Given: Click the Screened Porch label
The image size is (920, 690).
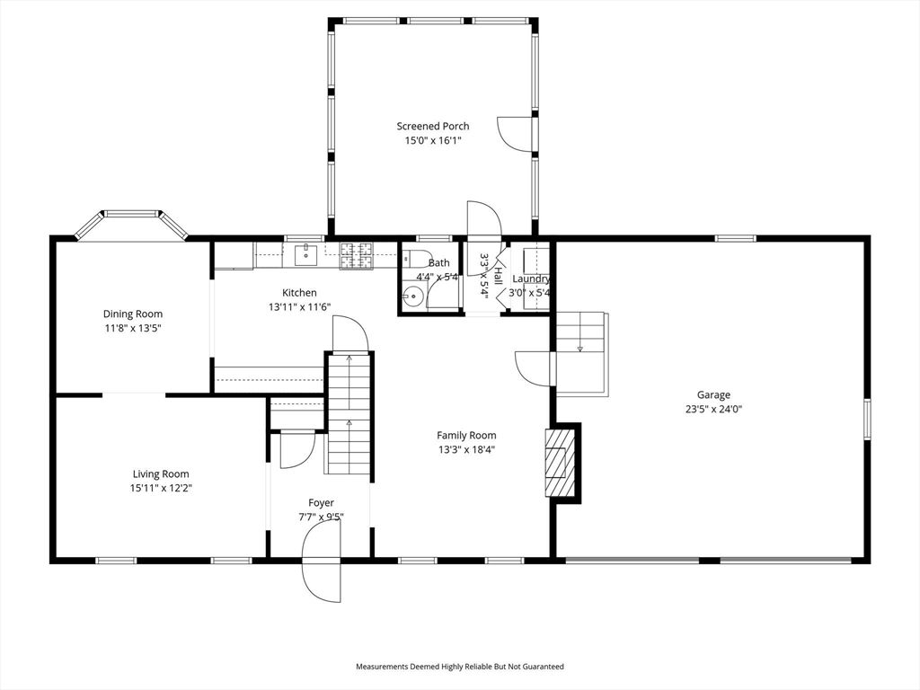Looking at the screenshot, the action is (x=433, y=126).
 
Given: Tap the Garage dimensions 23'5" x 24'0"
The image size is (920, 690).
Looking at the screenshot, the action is (x=713, y=410).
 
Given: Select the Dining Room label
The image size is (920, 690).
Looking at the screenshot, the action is (x=133, y=314).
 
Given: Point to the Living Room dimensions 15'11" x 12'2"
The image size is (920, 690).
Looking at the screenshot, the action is (x=162, y=488).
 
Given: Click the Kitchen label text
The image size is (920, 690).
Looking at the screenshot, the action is (x=299, y=293).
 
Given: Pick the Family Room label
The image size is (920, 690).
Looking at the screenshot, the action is (x=466, y=436).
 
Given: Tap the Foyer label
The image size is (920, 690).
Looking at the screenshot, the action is (x=321, y=503).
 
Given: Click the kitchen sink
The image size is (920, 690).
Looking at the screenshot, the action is (x=305, y=255).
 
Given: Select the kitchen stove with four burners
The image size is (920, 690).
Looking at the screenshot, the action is (x=357, y=256).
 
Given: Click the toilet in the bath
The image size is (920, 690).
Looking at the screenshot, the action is (x=413, y=258).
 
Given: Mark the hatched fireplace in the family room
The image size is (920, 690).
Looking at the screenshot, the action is (x=559, y=463).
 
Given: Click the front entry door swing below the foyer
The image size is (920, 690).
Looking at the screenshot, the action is (x=321, y=561).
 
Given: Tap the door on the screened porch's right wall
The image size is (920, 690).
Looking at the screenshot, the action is (x=517, y=135).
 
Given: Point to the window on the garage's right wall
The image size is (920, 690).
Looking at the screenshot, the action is (x=867, y=419).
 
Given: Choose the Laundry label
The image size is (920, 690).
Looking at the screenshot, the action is (x=531, y=279).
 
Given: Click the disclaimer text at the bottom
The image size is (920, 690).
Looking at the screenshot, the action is (x=460, y=667).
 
